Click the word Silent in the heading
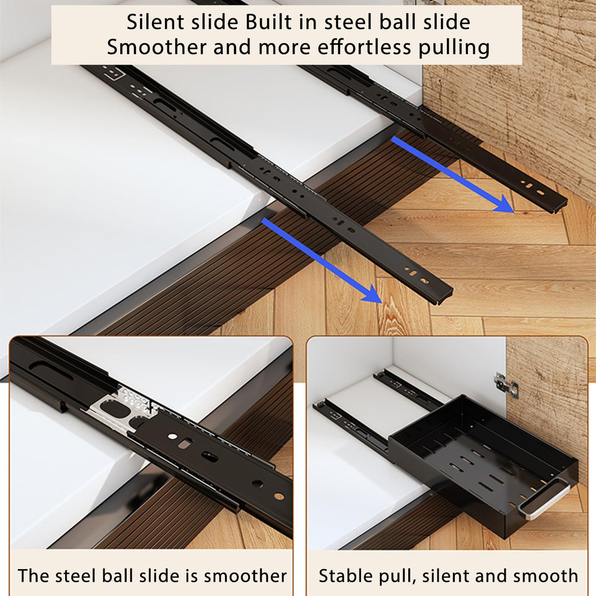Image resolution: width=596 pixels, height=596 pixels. tap(156, 22)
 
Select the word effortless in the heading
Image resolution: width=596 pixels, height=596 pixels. tap(365, 47)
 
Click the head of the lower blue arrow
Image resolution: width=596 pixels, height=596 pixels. tap(373, 294)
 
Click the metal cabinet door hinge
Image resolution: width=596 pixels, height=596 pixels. tap(506, 385)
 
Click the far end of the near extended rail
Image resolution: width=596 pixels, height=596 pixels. tap(446, 296)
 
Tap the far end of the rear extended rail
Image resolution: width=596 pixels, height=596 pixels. tap(559, 204)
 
